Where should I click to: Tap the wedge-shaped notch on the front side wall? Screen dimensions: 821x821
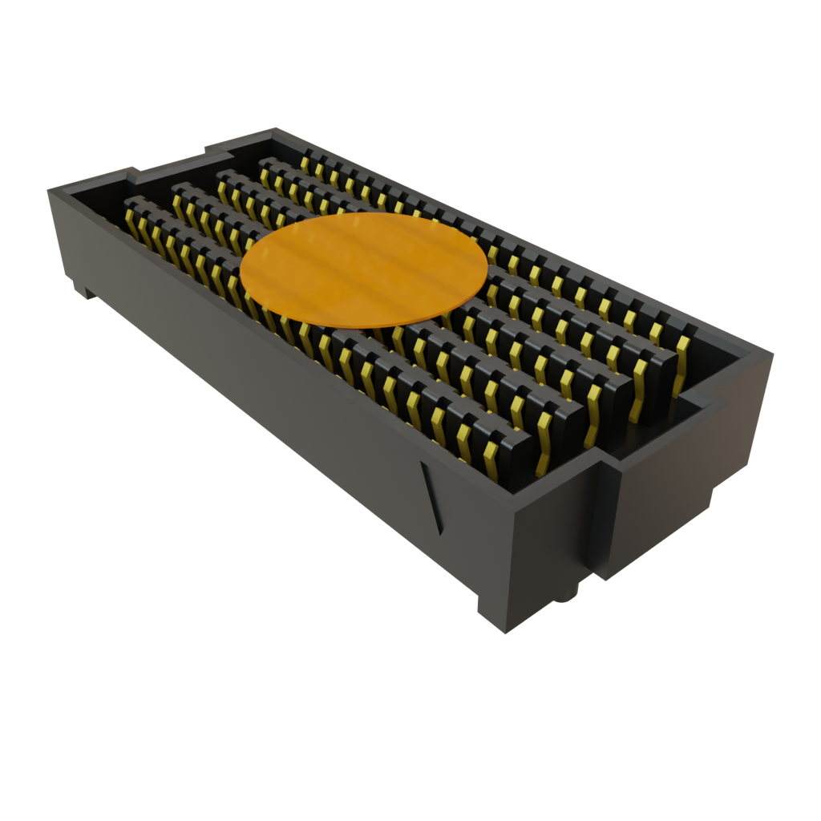pos(431,497)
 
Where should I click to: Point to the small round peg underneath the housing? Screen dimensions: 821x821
pos(570,592)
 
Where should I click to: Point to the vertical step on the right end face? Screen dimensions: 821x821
pos(601,513)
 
